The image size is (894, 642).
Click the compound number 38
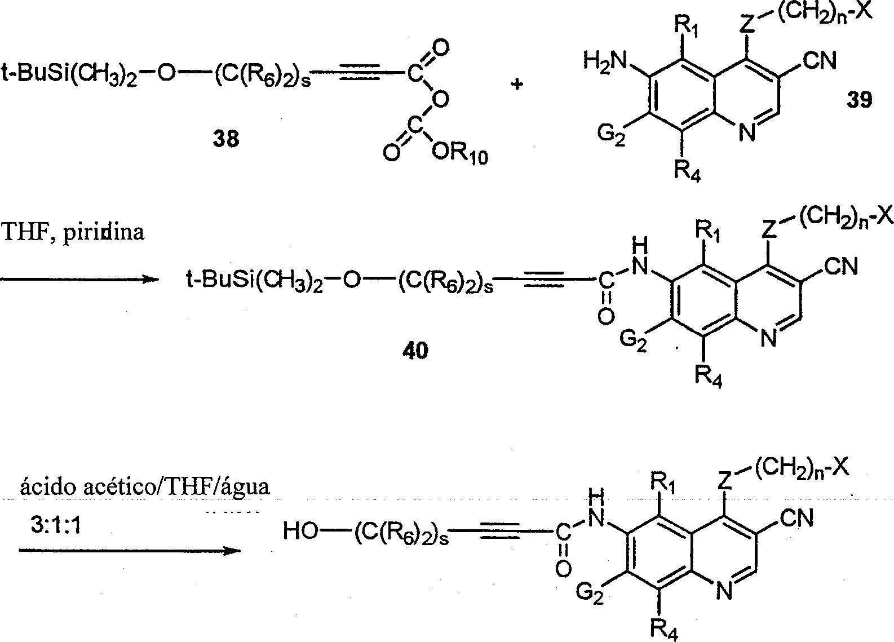coord(225,138)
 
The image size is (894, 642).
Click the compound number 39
coord(859,100)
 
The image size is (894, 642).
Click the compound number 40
coord(415,351)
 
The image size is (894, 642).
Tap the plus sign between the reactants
coord(516,85)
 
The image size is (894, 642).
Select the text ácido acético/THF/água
coord(145,486)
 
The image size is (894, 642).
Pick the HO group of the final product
coord(300,531)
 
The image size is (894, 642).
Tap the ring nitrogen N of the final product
coord(724,590)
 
